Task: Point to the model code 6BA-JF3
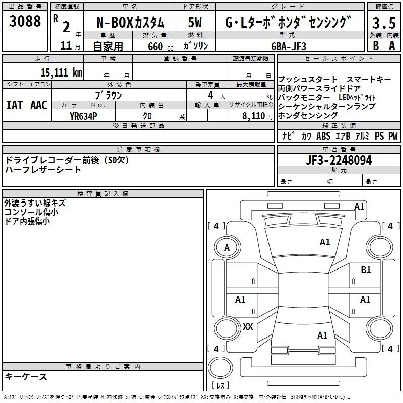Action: click(x=289, y=46)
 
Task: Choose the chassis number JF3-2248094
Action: click(x=339, y=160)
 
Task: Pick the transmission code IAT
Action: click(x=14, y=105)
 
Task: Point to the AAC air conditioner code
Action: click(x=39, y=105)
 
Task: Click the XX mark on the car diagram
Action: click(x=248, y=327)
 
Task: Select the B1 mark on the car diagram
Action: click(x=366, y=270)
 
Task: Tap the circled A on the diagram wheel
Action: click(x=227, y=248)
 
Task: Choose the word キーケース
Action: click(x=26, y=376)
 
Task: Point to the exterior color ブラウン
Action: click(x=108, y=95)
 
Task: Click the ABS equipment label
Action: click(x=323, y=136)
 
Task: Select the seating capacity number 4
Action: click(x=209, y=95)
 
